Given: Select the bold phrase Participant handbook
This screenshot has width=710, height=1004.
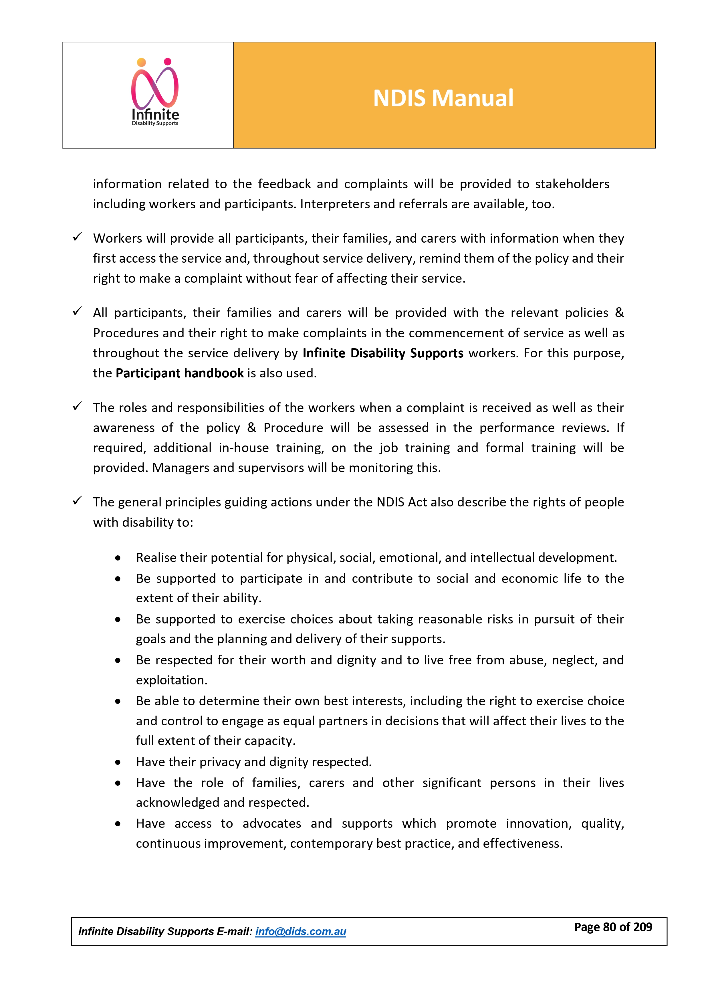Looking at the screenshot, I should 179,373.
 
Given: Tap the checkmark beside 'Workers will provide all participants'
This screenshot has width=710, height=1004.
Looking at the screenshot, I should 78,237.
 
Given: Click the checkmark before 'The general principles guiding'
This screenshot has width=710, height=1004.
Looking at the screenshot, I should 78,501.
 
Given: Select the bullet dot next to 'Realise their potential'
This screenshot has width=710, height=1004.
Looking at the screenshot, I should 118,559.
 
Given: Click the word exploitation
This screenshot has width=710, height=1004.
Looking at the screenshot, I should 171,680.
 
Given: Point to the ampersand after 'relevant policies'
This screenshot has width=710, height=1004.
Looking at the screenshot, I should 619,313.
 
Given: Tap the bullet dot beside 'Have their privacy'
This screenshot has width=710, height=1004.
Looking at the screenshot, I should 118,763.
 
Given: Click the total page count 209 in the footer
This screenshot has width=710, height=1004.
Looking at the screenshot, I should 642,927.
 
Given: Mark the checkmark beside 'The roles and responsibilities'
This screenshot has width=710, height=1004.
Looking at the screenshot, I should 78,406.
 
